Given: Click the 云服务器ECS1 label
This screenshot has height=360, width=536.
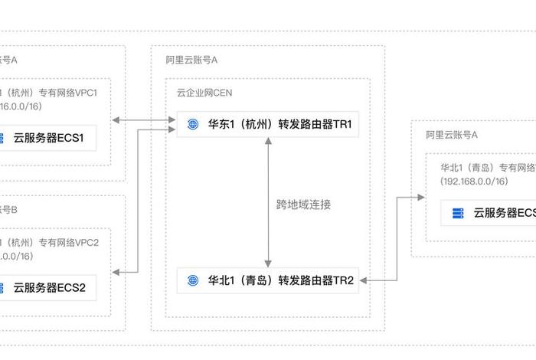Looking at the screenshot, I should pos(48,139).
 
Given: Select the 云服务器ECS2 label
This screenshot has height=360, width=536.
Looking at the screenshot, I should pos(48,288).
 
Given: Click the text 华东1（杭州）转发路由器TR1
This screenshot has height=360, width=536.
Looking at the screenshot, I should pos(280,123).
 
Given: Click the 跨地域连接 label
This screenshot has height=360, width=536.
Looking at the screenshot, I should pos(304,205).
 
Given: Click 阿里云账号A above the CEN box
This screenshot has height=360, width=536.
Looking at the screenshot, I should pos(192,59).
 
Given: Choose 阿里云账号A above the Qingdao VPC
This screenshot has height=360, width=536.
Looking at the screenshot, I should pos(452,134).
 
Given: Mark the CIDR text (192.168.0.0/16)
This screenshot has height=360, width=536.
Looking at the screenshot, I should pos(474,182).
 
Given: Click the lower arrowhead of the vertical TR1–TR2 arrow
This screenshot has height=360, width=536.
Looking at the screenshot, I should pos(267,262).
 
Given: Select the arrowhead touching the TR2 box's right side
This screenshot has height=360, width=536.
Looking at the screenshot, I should pos(366,280).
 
